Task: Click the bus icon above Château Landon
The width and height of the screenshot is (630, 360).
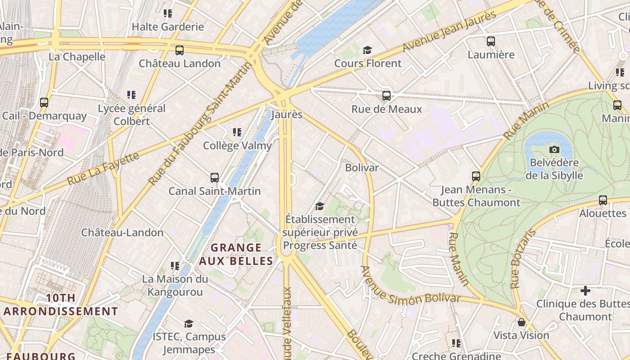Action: pyautogui.click(x=180, y=50)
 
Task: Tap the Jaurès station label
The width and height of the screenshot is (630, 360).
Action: pyautogui.click(x=287, y=114)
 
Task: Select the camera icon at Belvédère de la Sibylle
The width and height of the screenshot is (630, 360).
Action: pyautogui.click(x=554, y=149)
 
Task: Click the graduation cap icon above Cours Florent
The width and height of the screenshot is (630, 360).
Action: pyautogui.click(x=368, y=49)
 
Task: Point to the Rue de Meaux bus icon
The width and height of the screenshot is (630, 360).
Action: pyautogui.click(x=386, y=95)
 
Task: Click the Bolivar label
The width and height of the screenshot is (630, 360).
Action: pyautogui.click(x=362, y=167)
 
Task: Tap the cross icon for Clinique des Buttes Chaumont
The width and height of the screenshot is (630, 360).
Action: pyautogui.click(x=585, y=291)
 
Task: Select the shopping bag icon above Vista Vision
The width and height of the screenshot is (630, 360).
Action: pyautogui.click(x=521, y=322)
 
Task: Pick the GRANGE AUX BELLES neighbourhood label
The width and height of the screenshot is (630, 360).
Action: pyautogui.click(x=236, y=254)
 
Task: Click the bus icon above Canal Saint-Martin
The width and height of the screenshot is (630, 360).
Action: pyautogui.click(x=215, y=177)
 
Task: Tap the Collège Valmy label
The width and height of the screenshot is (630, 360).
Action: pyautogui.click(x=237, y=146)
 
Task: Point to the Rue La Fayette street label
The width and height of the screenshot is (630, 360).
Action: pyautogui.click(x=103, y=168)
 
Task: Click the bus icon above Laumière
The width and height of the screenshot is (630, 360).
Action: pyautogui.click(x=491, y=41)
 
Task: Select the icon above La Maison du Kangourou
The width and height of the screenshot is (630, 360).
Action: pyautogui.click(x=175, y=266)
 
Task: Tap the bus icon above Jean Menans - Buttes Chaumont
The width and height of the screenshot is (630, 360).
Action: pyautogui.click(x=476, y=176)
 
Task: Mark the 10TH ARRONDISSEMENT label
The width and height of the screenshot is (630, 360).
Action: pyautogui.click(x=61, y=305)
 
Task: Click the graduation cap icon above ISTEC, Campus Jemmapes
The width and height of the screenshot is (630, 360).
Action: pyautogui.click(x=189, y=324)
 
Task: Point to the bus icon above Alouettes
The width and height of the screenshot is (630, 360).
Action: pyautogui.click(x=603, y=200)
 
